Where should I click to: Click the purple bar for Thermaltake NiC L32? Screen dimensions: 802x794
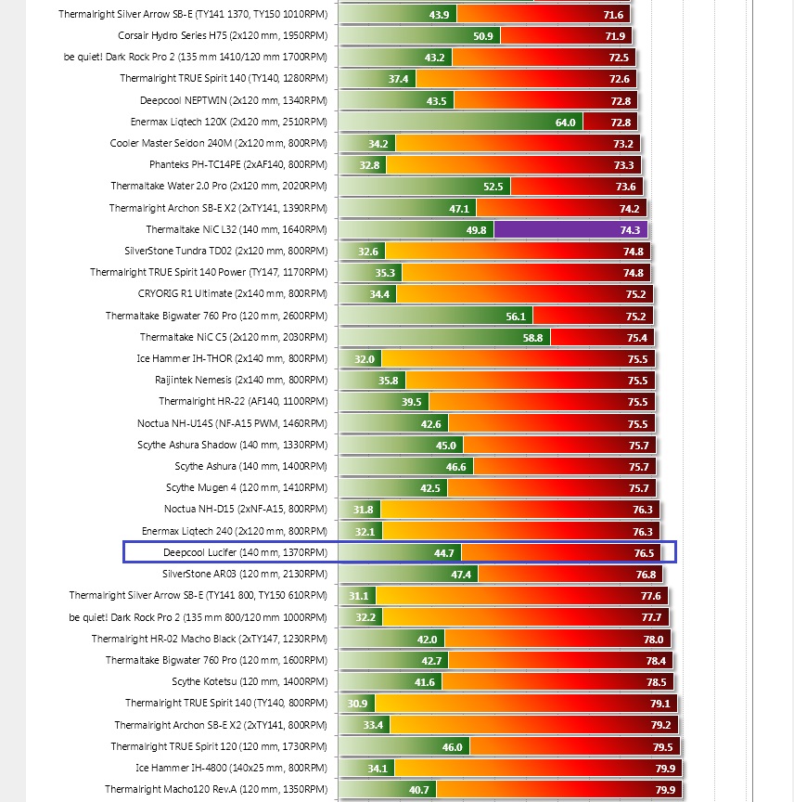point(570,229)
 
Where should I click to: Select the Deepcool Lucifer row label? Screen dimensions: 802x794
point(245,553)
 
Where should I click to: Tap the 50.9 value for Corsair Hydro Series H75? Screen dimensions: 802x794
point(482,36)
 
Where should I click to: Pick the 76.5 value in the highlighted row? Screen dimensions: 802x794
point(644,553)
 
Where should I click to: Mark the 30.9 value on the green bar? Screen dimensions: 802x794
point(357,704)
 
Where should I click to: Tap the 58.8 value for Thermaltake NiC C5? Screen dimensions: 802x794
point(532,338)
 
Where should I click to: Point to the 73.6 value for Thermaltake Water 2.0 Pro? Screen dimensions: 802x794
point(625,187)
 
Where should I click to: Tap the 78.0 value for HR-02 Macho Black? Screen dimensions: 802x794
point(653,640)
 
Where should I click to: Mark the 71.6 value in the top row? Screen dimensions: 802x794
point(613,15)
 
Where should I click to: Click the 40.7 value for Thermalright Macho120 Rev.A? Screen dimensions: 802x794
point(418,790)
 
